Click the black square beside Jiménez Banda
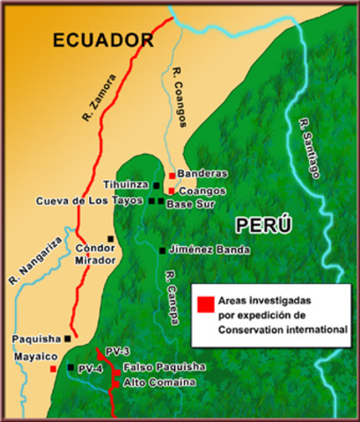click(162, 251)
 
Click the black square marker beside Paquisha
click(68, 338)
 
